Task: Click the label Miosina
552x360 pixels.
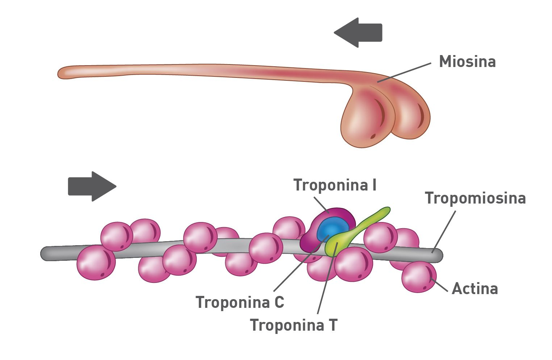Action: [x=467, y=62]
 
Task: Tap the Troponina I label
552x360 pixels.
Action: [x=335, y=185]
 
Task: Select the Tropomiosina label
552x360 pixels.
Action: [x=475, y=198]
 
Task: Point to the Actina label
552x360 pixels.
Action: [x=475, y=289]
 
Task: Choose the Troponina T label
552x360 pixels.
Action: [x=294, y=325]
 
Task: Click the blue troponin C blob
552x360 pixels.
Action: [x=332, y=229]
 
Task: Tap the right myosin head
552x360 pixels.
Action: [x=411, y=116]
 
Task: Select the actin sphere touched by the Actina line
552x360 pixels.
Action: [x=418, y=277]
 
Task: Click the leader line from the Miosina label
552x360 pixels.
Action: [x=404, y=72]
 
